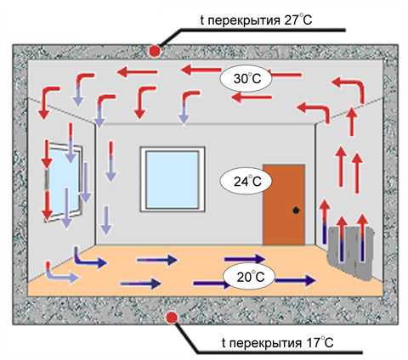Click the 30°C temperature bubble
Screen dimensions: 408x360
pyautogui.click(x=246, y=78)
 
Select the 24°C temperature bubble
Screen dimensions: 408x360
pyautogui.click(x=246, y=182)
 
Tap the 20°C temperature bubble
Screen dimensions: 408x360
pyautogui.click(x=248, y=277)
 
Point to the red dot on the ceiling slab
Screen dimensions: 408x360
pyautogui.click(x=155, y=51)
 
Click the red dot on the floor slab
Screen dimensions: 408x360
pyautogui.click(x=171, y=318)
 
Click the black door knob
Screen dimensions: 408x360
pyautogui.click(x=296, y=211)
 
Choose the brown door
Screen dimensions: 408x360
pyautogui.click(x=284, y=205)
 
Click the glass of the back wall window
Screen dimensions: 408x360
pyautogui.click(x=173, y=179)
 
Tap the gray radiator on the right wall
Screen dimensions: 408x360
pyautogui.click(x=351, y=253)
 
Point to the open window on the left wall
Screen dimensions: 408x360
pyautogui.click(x=65, y=181)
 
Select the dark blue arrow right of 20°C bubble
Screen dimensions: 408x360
pyautogui.click(x=295, y=280)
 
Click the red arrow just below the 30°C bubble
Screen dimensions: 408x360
pyautogui.click(x=252, y=98)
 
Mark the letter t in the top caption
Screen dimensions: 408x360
pyautogui.click(x=202, y=20)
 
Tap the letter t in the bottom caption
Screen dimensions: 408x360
pyautogui.click(x=224, y=342)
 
